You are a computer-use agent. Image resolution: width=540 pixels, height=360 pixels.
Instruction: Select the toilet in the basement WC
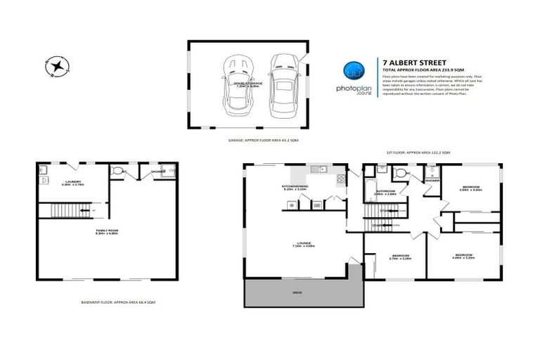pos(120,170)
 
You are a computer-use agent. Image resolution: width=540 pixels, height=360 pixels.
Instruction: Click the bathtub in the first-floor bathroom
pos(370,185)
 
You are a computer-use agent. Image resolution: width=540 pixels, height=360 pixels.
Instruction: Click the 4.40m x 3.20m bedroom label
pos(464,255)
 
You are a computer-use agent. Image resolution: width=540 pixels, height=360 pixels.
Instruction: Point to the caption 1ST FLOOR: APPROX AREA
pos(418,153)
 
